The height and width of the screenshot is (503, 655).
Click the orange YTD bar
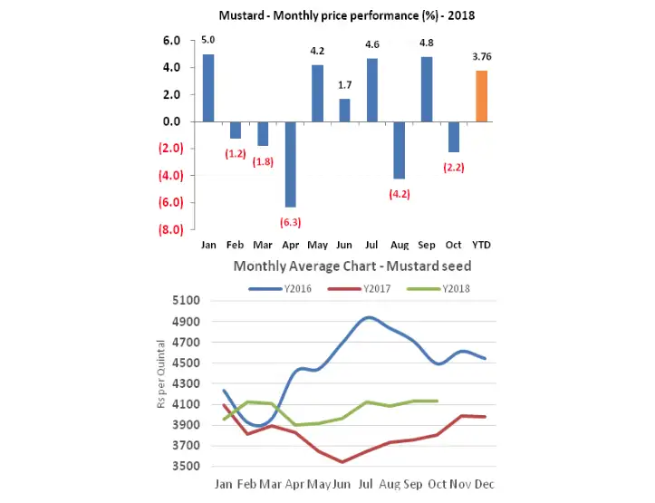tap(482, 96)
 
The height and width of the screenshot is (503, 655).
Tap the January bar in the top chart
tap(208, 87)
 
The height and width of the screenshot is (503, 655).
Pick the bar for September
tap(427, 89)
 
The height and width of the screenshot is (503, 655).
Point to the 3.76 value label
tap(482, 57)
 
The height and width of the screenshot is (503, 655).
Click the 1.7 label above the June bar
tap(345, 85)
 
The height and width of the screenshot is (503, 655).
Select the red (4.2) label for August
tap(400, 194)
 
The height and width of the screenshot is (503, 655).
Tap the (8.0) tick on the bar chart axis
tap(170, 230)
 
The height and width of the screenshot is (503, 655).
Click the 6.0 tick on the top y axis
tap(172, 40)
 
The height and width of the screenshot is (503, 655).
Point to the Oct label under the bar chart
tap(454, 246)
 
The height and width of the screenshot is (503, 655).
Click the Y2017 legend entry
tap(360, 288)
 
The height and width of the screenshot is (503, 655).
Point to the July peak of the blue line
tap(369, 317)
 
